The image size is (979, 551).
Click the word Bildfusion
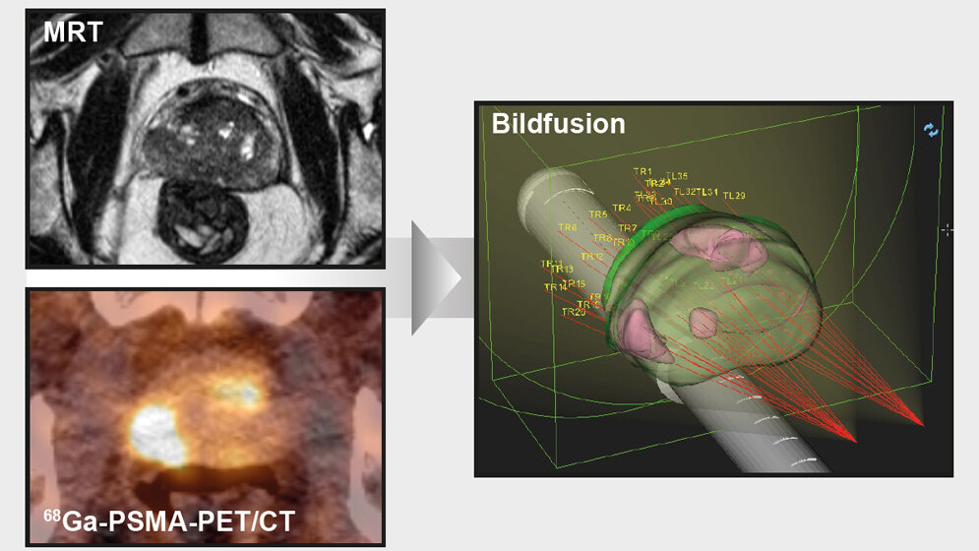(x=558, y=124)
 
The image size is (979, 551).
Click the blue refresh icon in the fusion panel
(x=931, y=130)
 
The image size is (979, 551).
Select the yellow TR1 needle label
(x=642, y=171)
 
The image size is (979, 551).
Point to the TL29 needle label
(x=734, y=196)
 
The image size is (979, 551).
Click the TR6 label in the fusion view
(x=568, y=228)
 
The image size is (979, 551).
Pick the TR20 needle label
(x=573, y=312)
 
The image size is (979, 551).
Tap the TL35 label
(x=677, y=176)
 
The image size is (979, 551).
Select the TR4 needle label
(x=621, y=208)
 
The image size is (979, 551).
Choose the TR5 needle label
(x=597, y=214)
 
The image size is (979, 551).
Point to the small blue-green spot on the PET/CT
(x=245, y=396)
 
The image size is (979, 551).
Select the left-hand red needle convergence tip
(x=854, y=441)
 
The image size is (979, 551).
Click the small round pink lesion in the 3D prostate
(x=704, y=321)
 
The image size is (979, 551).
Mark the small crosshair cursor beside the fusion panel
(x=947, y=230)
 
